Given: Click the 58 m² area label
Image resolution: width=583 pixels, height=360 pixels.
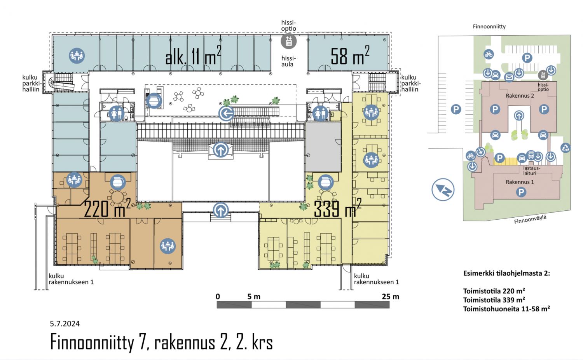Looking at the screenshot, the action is pyautogui.click(x=350, y=56).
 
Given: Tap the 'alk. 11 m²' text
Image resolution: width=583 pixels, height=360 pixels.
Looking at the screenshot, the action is pyautogui.click(x=194, y=56).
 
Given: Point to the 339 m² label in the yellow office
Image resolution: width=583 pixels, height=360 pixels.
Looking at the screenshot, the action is pyautogui.click(x=338, y=208).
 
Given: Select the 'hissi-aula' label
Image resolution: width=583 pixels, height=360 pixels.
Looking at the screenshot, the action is pyautogui.click(x=288, y=61).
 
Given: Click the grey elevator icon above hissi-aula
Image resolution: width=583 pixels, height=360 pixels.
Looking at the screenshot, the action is pyautogui.click(x=289, y=41).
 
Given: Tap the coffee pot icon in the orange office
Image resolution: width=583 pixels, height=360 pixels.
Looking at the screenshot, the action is pyautogui.click(x=118, y=182).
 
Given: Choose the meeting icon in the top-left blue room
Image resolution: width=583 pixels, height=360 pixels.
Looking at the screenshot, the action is pyautogui.click(x=77, y=56).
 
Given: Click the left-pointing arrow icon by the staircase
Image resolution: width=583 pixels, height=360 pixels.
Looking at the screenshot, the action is pyautogui.click(x=226, y=114).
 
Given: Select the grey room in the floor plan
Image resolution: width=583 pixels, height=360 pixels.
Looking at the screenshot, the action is pyautogui.click(x=323, y=147).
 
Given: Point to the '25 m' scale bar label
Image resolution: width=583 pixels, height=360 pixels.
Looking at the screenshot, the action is pyautogui.click(x=390, y=297).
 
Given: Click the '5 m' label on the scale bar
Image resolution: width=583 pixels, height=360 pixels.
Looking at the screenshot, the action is pyautogui.click(x=254, y=297).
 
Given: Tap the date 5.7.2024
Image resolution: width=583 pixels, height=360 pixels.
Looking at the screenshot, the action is pyautogui.click(x=65, y=323).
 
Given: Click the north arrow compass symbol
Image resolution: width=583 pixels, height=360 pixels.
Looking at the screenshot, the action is pyautogui.click(x=443, y=189).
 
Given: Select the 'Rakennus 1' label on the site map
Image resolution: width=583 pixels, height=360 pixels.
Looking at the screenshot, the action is pyautogui.click(x=520, y=182).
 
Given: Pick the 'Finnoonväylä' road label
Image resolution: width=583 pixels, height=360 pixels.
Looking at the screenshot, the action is pyautogui.click(x=530, y=219).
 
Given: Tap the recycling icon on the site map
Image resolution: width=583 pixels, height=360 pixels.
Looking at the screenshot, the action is pyautogui.click(x=565, y=148).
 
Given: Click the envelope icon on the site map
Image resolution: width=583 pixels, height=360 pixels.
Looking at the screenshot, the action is pyautogui.click(x=509, y=77).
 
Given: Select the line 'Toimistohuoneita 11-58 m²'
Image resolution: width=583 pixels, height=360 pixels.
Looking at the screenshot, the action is pyautogui.click(x=506, y=309).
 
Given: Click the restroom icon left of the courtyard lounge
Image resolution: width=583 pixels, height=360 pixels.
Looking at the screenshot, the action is pyautogui.click(x=116, y=114).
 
